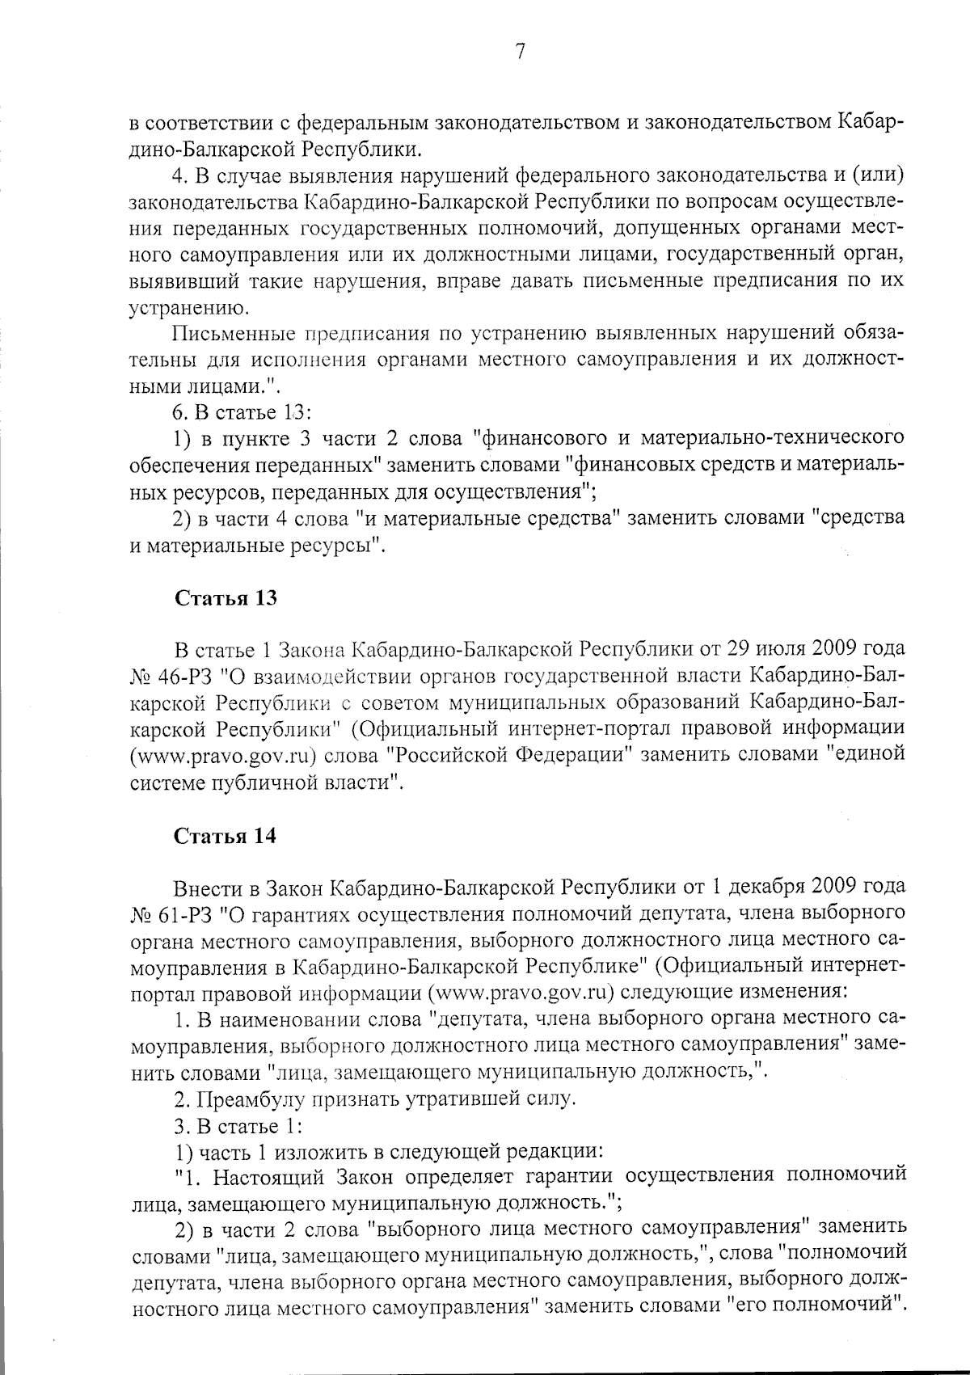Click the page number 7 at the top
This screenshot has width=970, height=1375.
click(x=520, y=53)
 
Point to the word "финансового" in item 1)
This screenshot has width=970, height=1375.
click(x=534, y=439)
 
